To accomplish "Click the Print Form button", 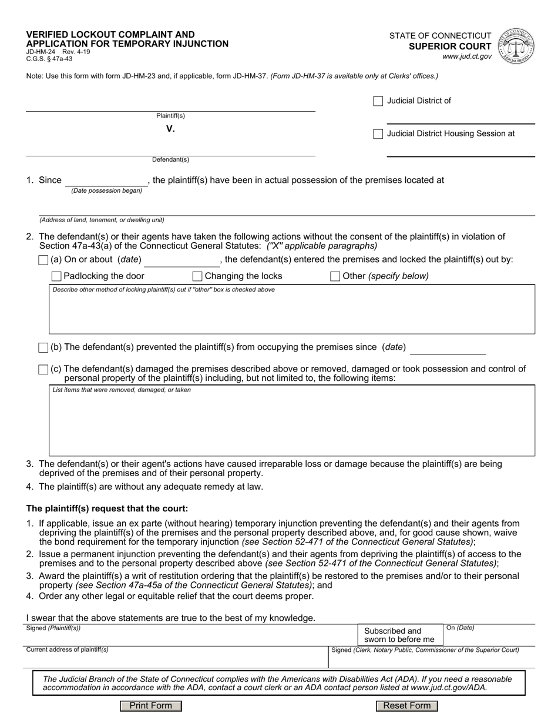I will click(x=151, y=706).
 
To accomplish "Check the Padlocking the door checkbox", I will click(x=56, y=276).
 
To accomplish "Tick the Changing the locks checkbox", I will click(x=197, y=276).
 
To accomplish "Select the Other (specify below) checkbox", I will click(x=335, y=276).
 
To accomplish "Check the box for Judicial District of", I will click(x=378, y=101).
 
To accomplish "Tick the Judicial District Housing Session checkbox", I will click(x=378, y=134).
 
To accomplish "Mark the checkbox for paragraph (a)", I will click(x=43, y=260).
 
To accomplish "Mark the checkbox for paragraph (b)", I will click(x=43, y=347).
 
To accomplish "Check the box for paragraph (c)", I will click(x=43, y=369).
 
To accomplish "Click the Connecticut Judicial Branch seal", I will click(x=516, y=45).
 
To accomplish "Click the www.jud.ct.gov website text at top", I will click(x=467, y=57).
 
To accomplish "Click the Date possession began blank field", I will click(x=106, y=180).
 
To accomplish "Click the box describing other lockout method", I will click(x=292, y=313).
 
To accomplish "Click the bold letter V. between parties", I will click(x=170, y=129).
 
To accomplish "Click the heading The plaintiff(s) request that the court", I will click(x=107, y=508).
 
